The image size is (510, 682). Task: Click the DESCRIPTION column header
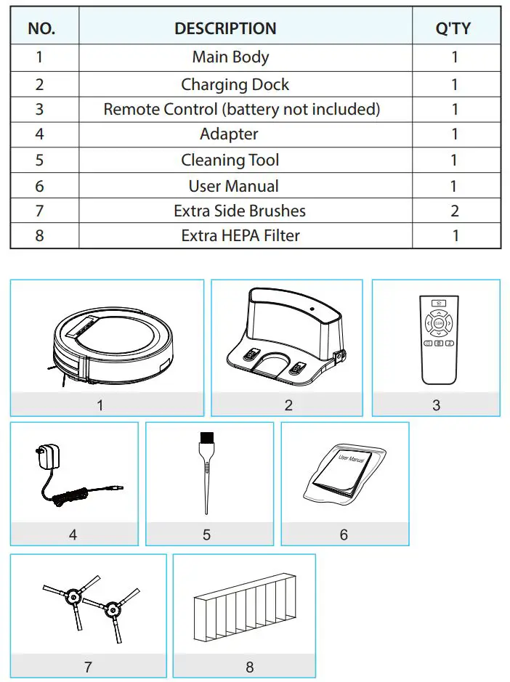coord(225,28)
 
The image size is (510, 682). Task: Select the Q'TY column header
coord(452,28)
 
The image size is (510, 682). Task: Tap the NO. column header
coord(41,28)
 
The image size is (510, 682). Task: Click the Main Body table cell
coord(230,57)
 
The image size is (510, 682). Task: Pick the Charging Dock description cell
coord(235,84)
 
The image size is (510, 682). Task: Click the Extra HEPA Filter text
coord(240,235)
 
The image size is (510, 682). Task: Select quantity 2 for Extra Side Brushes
coord(455,211)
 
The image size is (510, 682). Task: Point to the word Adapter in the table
coord(229,134)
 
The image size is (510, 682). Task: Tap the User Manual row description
coord(233,186)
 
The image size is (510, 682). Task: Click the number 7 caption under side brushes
coord(88,666)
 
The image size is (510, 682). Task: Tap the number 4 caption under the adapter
coord(73,534)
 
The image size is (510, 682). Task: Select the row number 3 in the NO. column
coord(40,109)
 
